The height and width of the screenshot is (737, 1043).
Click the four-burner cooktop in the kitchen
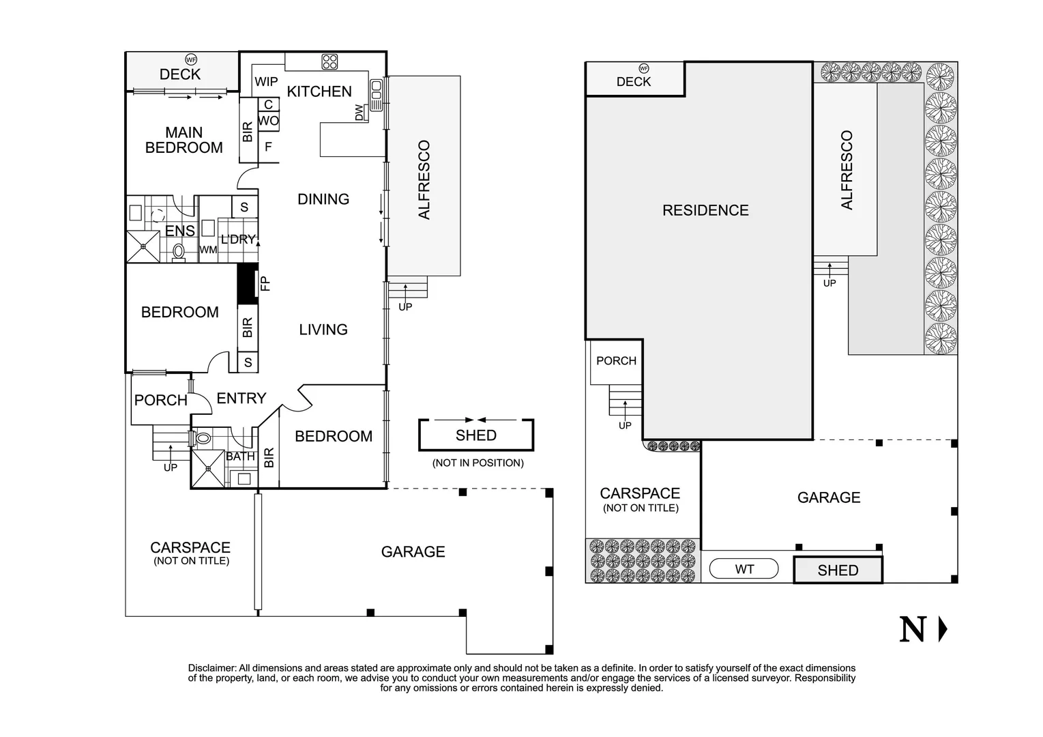[329, 61]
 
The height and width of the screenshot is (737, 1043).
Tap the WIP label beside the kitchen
[266, 81]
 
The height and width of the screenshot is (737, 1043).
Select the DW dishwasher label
[359, 113]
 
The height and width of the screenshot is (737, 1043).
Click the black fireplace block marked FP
[248, 284]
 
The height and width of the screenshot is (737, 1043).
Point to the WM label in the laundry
[208, 250]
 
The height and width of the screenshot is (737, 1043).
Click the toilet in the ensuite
[178, 252]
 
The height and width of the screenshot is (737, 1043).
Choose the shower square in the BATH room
[208, 469]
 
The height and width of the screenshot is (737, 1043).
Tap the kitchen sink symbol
[377, 95]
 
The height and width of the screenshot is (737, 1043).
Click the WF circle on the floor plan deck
[191, 59]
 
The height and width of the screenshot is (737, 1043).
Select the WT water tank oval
[744, 569]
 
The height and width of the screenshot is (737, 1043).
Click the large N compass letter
[912, 629]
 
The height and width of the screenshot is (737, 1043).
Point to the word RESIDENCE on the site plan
[705, 210]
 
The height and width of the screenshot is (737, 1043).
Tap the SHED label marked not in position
[476, 435]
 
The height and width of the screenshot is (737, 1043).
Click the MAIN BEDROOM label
[184, 140]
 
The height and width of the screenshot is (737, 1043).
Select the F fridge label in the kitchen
[268, 147]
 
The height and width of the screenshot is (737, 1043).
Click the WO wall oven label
[268, 121]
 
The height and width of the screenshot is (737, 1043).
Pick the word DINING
[323, 199]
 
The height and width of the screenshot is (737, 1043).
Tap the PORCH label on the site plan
[616, 360]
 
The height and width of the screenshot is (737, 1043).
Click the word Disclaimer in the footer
[212, 668]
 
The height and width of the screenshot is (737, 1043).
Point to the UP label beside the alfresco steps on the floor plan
[405, 307]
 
